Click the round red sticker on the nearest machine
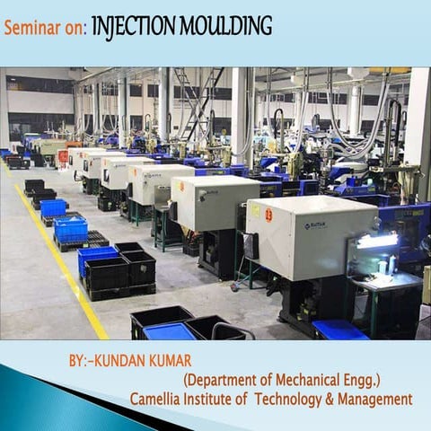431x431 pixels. pos(268,215)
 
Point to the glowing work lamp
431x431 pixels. pos(378,241)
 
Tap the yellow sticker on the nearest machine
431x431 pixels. pos(254,213)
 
